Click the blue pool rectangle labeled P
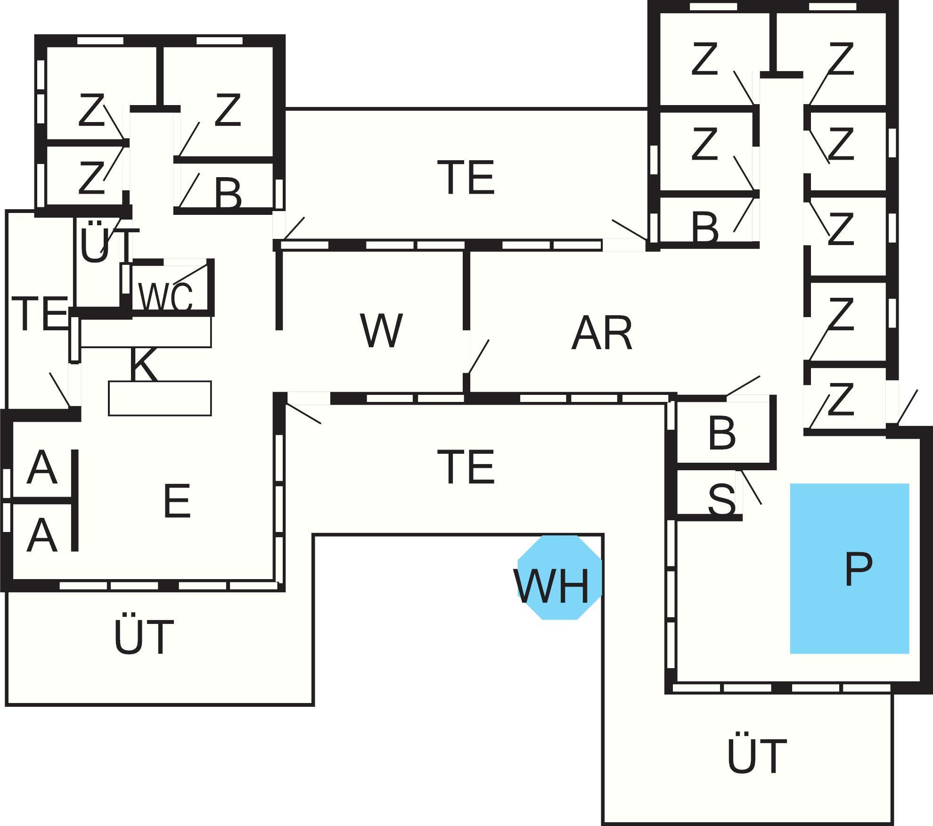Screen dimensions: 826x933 pyautogui.click(x=849, y=568)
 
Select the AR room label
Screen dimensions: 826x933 pyautogui.click(x=601, y=333)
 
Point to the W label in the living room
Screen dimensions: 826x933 pyautogui.click(x=381, y=330)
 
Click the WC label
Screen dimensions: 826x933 pyautogui.click(x=166, y=297)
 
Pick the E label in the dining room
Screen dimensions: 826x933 pyautogui.click(x=177, y=501)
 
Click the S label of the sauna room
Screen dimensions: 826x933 pyautogui.click(x=721, y=499)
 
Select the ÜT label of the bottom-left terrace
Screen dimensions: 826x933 pyautogui.click(x=144, y=638)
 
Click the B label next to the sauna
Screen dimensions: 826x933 pyautogui.click(x=721, y=433)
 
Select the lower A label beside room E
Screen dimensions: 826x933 pyautogui.click(x=42, y=536)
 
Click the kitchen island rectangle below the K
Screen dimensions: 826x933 pyautogui.click(x=160, y=398)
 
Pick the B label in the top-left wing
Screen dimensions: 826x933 pyautogui.click(x=228, y=193)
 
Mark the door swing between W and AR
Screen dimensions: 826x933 pyautogui.click(x=478, y=357)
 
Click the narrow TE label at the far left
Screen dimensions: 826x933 pyautogui.click(x=41, y=313)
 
